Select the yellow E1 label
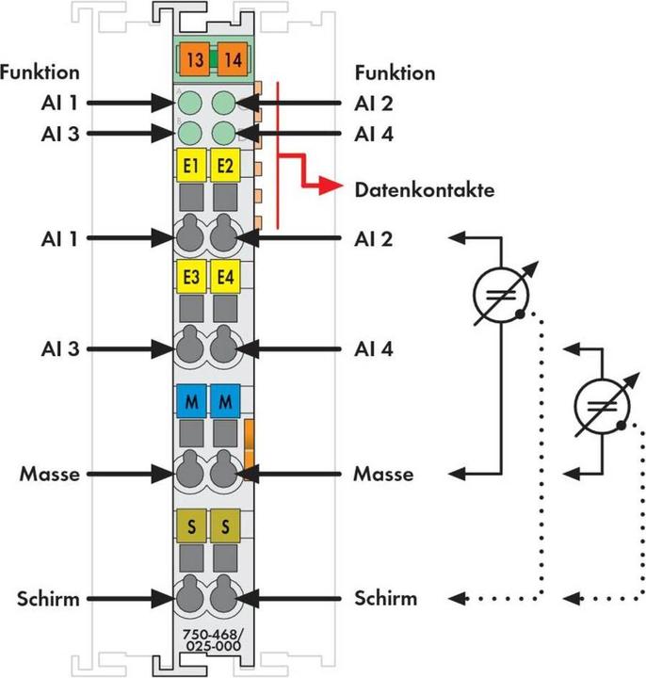pos(191,166)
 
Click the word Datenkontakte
pos(424,189)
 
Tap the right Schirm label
pos(386,598)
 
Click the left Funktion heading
pos(40,73)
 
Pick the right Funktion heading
pos(396,73)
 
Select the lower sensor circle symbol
pos(603,405)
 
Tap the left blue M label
pos(191,402)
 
